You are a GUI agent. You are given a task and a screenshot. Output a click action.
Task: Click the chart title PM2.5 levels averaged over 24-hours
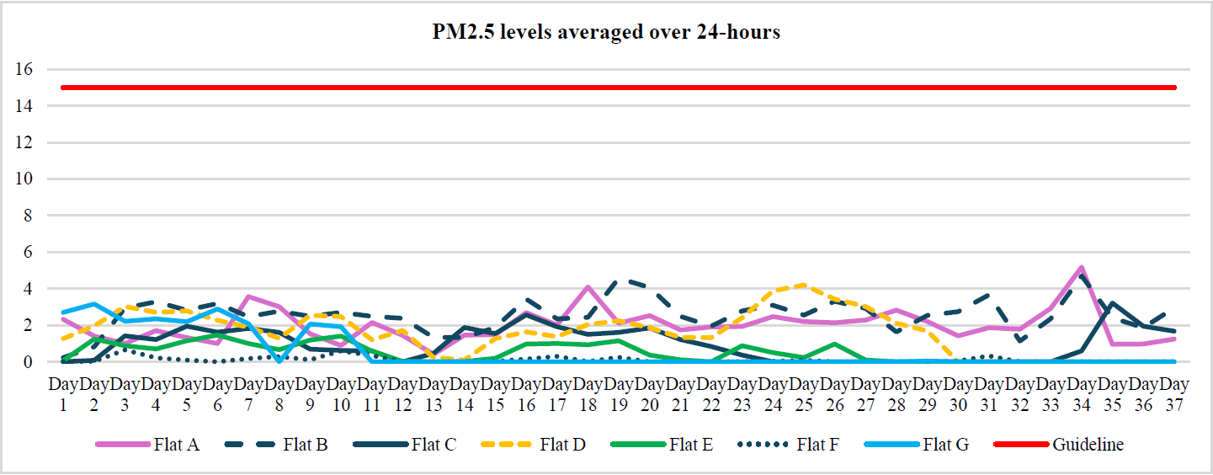[606, 33]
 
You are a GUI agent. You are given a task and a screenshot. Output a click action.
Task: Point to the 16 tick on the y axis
[24, 69]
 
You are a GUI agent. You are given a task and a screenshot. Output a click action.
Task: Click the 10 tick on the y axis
[24, 179]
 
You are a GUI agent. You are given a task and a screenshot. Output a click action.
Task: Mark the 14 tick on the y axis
[24, 106]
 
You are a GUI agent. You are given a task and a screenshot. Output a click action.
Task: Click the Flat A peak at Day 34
[1082, 268]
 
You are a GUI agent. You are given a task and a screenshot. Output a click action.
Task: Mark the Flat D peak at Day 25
[805, 285]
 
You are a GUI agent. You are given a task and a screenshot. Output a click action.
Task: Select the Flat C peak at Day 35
[1113, 303]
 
